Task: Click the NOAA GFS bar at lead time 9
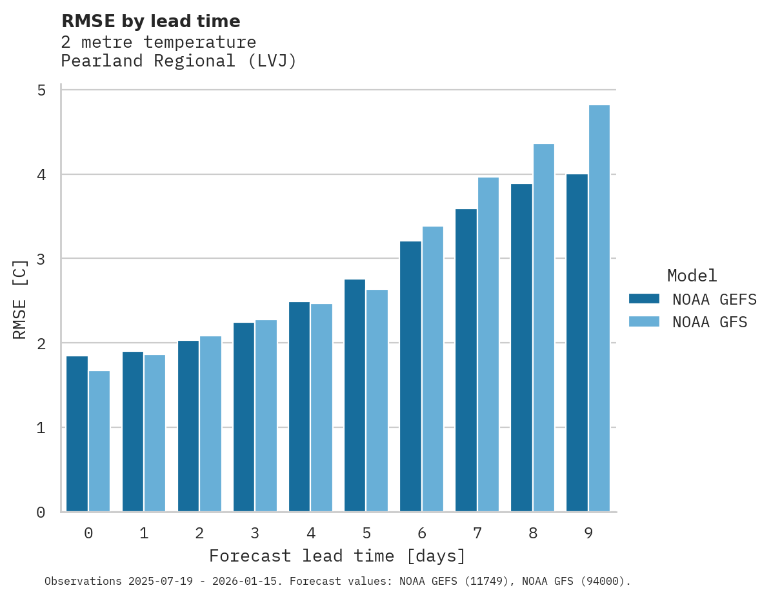pos(599,309)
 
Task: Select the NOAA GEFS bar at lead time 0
pos(77,434)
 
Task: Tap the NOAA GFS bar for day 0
pos(99,442)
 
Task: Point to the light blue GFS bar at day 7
pos(488,345)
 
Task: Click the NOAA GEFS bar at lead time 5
pos(355,396)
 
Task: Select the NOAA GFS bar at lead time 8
pos(544,328)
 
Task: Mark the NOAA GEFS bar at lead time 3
pos(244,417)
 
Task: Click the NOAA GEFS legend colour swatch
pos(644,299)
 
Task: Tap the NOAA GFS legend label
pos(710,322)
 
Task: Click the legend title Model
pos(692,276)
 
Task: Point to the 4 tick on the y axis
pos(41,174)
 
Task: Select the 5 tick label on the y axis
pos(41,90)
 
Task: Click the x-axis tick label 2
pos(199,533)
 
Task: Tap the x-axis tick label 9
pos(588,533)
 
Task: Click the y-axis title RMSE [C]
pos(20,299)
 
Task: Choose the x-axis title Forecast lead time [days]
pos(337,556)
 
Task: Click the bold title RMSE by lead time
pos(150,21)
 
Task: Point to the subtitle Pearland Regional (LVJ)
pos(179,61)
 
